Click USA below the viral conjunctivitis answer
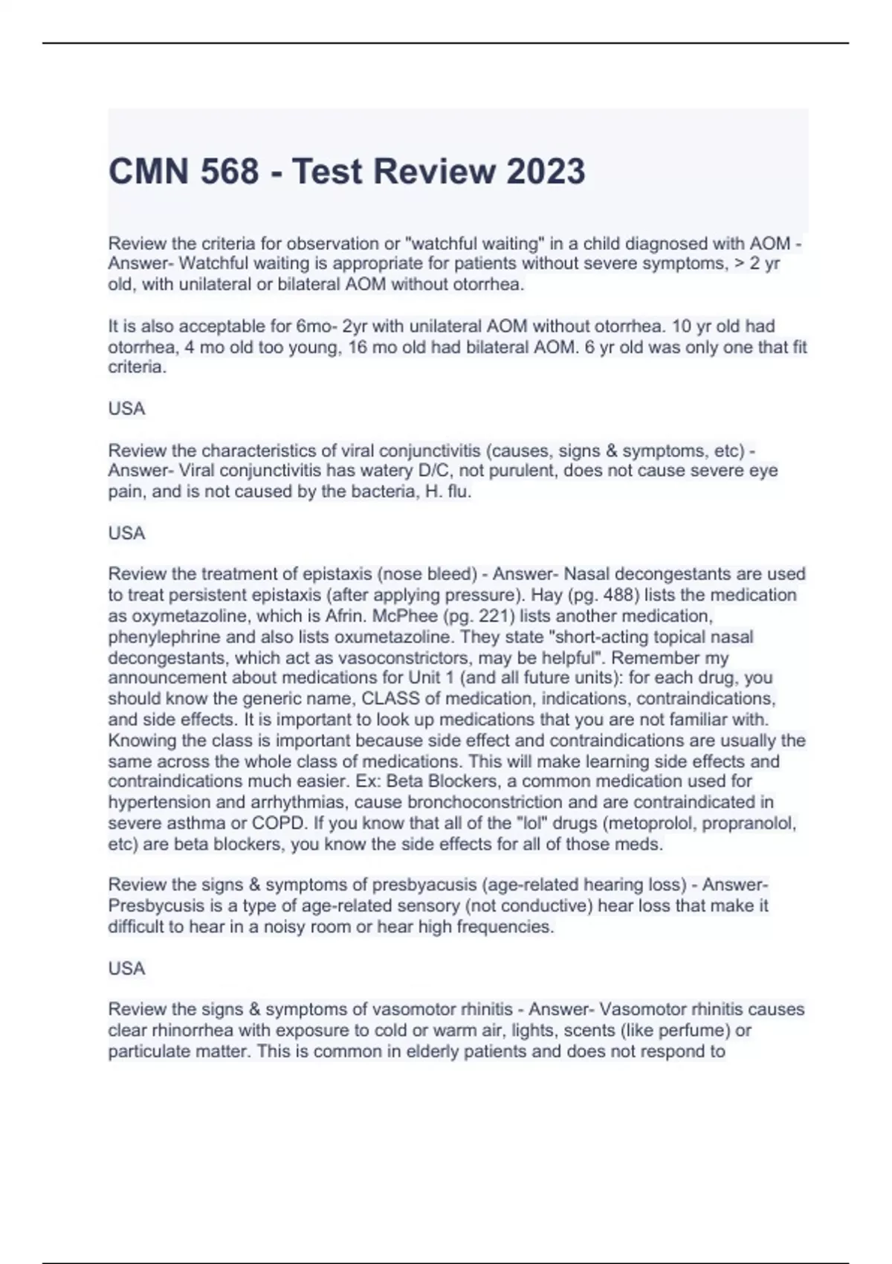126,533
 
